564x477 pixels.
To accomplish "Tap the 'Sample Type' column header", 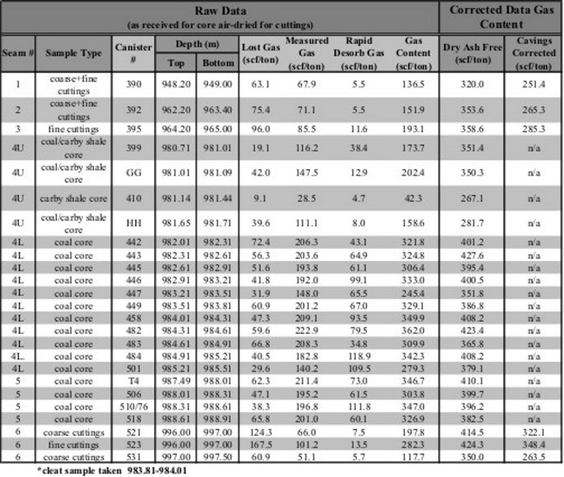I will click(74, 54).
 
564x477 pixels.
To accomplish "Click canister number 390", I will click(133, 83).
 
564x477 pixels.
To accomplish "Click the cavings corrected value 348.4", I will click(534, 445).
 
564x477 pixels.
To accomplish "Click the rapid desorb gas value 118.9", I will click(359, 356).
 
